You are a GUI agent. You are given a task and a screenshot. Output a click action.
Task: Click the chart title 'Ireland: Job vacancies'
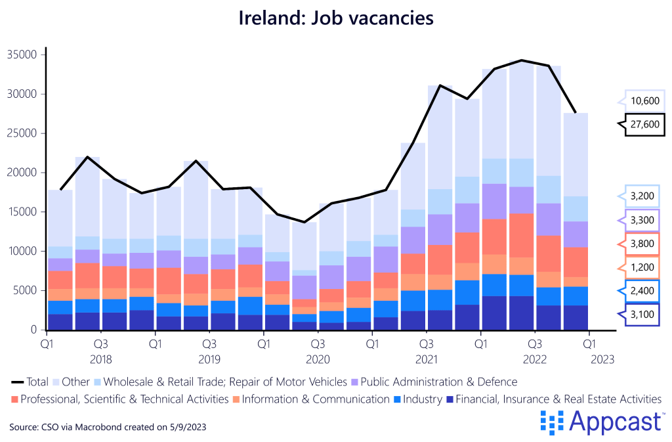[x=336, y=18]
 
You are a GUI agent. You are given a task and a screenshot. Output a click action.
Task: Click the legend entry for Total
[x=29, y=382]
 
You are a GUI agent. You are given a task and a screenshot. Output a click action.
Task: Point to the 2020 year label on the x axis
[x=318, y=359]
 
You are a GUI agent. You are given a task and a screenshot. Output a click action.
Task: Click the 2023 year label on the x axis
[x=601, y=359]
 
